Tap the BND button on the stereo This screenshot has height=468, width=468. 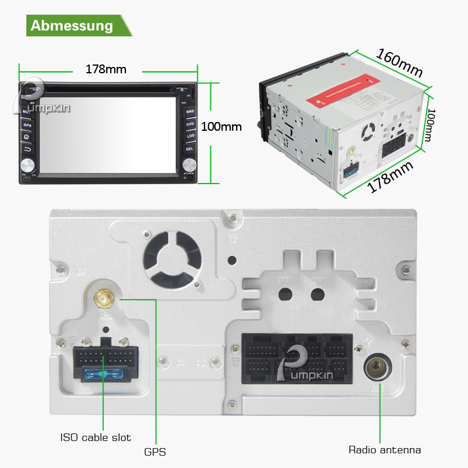(190, 111)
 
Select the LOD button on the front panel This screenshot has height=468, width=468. (190, 136)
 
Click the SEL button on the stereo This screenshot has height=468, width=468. (190, 149)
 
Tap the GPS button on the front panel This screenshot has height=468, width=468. (27, 125)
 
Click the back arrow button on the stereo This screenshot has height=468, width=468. (27, 148)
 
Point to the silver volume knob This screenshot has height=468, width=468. (28, 164)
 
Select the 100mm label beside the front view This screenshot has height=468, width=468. (221, 126)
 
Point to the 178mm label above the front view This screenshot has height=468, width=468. (106, 69)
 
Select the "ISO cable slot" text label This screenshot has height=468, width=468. (95, 438)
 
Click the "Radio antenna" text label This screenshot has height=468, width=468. (384, 450)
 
